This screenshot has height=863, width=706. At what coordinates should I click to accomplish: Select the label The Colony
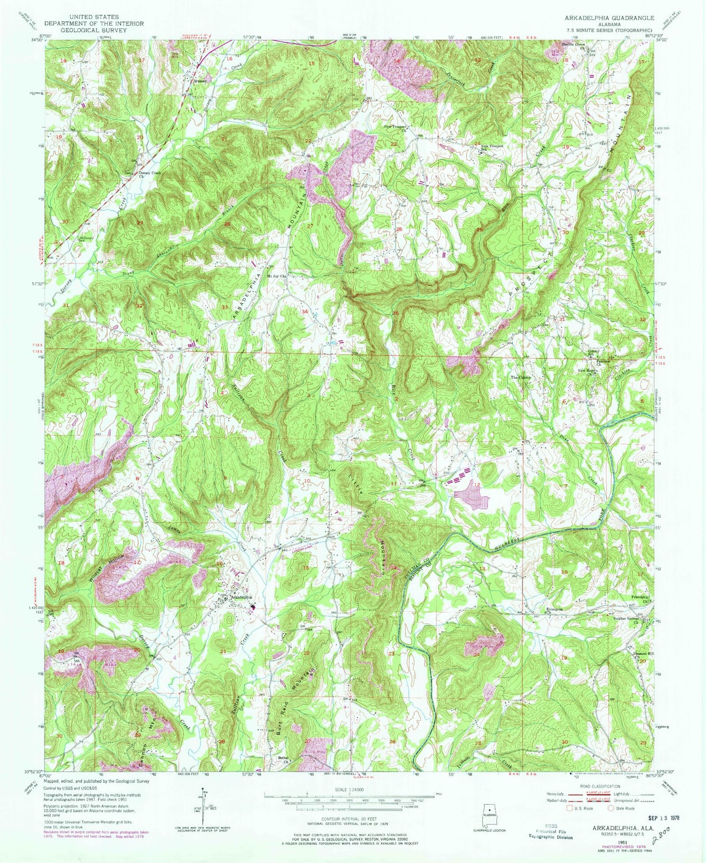coord(521,377)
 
